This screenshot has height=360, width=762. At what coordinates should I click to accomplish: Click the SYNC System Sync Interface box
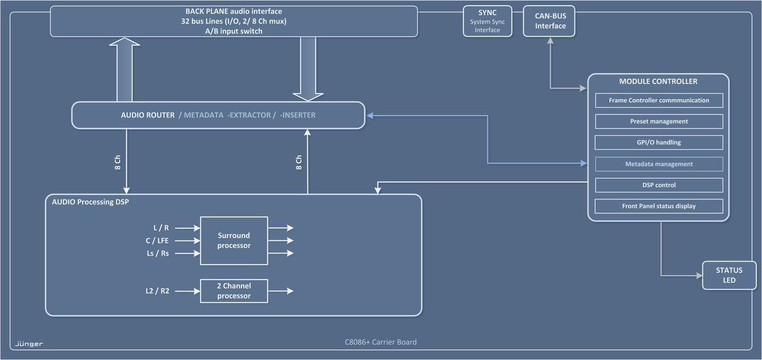pyautogui.click(x=487, y=21)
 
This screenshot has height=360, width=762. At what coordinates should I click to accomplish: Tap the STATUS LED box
pyautogui.click(x=729, y=275)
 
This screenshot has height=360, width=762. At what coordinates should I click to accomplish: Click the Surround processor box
pyautogui.click(x=233, y=240)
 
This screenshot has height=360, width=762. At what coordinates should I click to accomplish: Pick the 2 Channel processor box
pyautogui.click(x=233, y=291)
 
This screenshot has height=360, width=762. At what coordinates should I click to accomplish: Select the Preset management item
pyautogui.click(x=659, y=121)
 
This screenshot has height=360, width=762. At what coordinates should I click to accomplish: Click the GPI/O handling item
pyautogui.click(x=659, y=143)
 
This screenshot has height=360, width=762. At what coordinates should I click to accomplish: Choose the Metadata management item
pyautogui.click(x=659, y=164)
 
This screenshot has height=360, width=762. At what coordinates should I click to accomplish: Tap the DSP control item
pyautogui.click(x=659, y=185)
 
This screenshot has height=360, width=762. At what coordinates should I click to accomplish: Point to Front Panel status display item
pyautogui.click(x=659, y=206)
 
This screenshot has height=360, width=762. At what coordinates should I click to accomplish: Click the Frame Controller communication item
pyautogui.click(x=659, y=100)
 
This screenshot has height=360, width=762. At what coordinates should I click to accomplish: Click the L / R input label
pyautogui.click(x=161, y=228)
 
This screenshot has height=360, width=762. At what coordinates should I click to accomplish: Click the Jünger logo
pyautogui.click(x=29, y=344)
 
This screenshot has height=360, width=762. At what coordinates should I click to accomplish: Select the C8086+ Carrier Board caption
pyautogui.click(x=380, y=342)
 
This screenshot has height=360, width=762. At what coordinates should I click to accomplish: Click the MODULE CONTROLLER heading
pyautogui.click(x=658, y=82)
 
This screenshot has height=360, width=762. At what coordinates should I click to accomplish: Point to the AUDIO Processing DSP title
pyautogui.click(x=90, y=202)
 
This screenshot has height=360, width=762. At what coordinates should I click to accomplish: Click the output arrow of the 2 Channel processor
pyautogui.click(x=281, y=291)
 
